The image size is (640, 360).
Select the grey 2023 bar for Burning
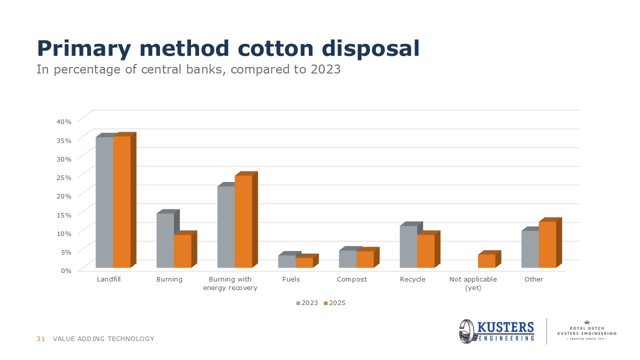coord(165,240)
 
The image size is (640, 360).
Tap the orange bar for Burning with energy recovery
coord(243,221)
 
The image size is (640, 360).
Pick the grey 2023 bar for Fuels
coord(287,261)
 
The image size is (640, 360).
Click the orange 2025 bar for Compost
coord(365,259)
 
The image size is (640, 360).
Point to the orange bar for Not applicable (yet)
coord(486,261)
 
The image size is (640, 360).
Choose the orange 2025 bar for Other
coord(547,244)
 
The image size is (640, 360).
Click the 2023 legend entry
coord(307,303)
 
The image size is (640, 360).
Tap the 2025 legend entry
coord(334,303)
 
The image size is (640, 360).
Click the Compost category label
coord(352,279)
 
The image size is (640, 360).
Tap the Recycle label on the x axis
coord(412,279)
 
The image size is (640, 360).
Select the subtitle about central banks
coord(188,69)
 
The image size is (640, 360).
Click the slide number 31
coord(41,339)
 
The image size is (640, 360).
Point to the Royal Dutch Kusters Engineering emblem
coord(586,331)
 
